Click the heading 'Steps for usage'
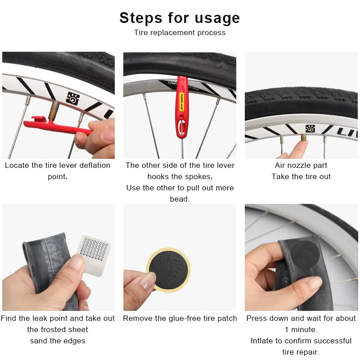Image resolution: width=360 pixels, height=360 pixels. (180, 18)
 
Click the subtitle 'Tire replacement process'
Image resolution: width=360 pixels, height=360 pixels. (180, 32)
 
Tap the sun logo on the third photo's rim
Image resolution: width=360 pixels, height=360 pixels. (310, 129)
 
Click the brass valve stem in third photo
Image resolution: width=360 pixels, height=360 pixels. (304, 137)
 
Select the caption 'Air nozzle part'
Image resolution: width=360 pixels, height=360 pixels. (301, 165)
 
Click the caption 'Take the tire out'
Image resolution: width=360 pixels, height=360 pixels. (301, 176)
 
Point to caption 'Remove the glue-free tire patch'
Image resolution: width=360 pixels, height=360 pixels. (180, 318)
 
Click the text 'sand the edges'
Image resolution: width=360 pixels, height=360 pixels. (58, 341)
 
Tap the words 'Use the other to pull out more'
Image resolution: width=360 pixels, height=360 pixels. (180, 188)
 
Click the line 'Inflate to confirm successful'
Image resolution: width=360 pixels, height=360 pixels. (301, 341)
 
